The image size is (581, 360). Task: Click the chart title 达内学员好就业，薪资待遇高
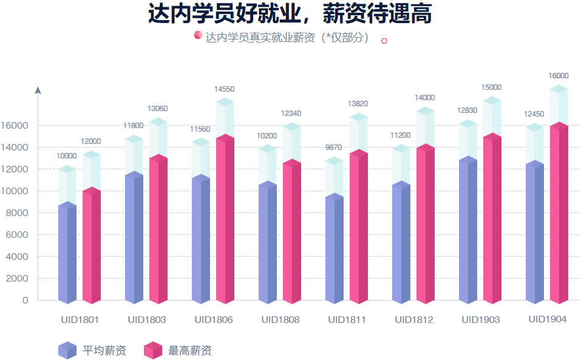tap(290, 13)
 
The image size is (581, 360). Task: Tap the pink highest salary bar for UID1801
tap(92, 246)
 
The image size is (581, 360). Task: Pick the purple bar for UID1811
tap(335, 249)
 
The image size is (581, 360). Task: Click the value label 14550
tap(224, 89)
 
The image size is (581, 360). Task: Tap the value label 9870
tap(334, 148)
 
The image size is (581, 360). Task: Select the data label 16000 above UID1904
tap(559, 76)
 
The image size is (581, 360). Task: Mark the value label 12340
tap(291, 114)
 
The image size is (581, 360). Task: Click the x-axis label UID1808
tap(280, 320)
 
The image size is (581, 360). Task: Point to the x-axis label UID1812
tap(413, 320)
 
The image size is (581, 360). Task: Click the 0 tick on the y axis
tap(25, 301)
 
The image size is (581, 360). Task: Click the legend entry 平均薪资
tap(93, 350)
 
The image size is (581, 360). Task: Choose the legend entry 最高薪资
tap(178, 350)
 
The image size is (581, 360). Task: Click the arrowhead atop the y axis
tap(38, 90)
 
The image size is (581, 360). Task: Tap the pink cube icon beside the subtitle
tap(197, 35)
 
